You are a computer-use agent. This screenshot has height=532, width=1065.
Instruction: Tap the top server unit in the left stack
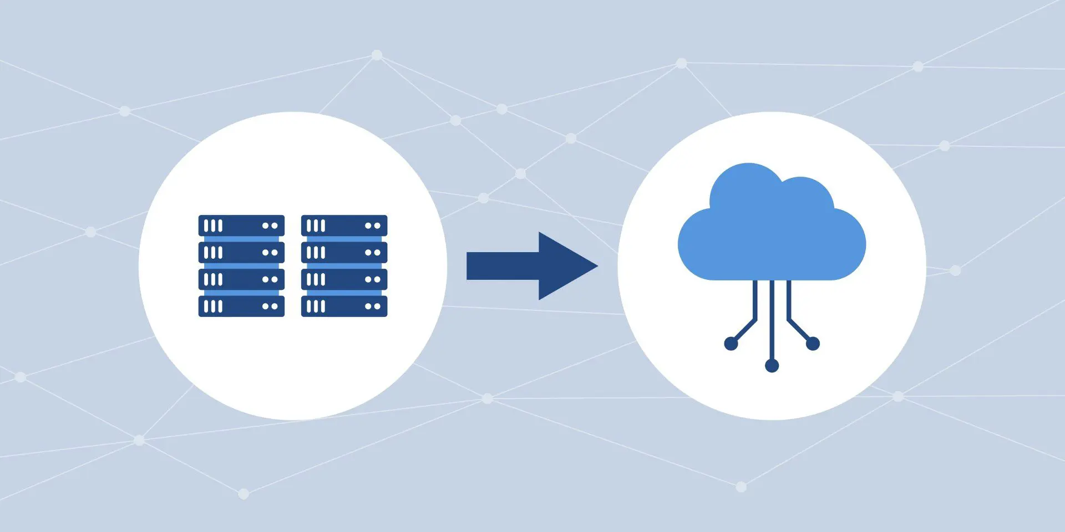[x=241, y=226]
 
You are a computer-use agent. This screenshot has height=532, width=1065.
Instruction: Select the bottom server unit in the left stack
[x=241, y=306]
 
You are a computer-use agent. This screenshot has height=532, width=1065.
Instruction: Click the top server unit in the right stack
[x=344, y=226]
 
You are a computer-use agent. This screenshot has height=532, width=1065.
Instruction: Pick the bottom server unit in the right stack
[x=344, y=306]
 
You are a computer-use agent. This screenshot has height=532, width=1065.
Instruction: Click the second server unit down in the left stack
[x=241, y=252]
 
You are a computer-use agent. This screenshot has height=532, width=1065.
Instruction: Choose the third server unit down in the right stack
[x=344, y=279]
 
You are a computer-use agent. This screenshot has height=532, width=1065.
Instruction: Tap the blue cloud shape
[x=771, y=233]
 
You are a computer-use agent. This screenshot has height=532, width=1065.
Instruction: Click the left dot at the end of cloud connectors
[x=731, y=344]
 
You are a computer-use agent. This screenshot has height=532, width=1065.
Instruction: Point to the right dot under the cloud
[x=813, y=344]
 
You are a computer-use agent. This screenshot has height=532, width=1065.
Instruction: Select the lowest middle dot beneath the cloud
[x=772, y=365]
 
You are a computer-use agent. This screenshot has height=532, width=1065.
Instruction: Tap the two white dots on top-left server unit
[x=270, y=226]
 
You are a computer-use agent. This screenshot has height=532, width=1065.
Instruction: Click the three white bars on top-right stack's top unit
[x=316, y=226]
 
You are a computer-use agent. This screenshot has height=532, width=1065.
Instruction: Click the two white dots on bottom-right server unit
[x=372, y=306]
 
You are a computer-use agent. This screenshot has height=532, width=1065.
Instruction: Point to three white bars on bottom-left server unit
[x=213, y=306]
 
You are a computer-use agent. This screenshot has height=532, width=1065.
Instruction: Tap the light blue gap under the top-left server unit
[x=241, y=239]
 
